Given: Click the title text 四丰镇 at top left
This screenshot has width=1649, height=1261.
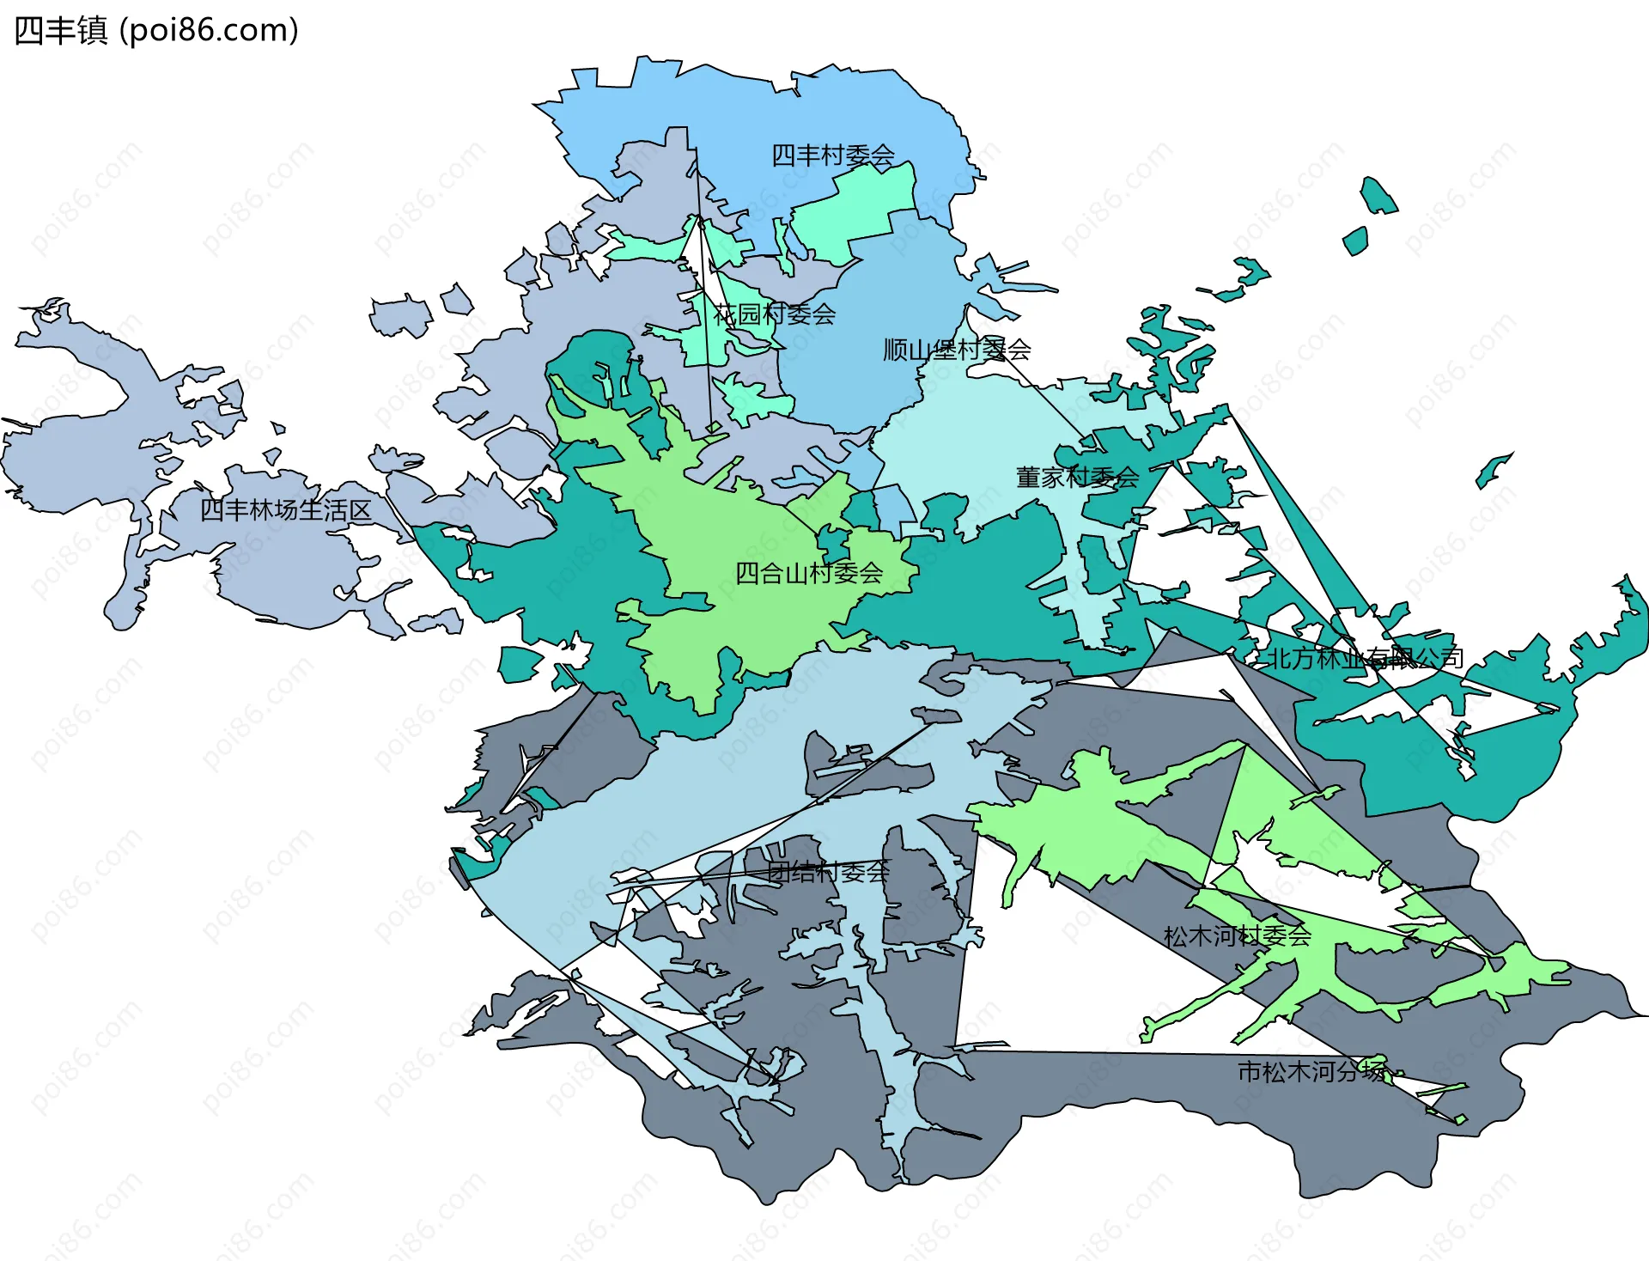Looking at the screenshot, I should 60,31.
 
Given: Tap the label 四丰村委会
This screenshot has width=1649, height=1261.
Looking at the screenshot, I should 832,155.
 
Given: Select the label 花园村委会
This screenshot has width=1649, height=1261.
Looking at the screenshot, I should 774,314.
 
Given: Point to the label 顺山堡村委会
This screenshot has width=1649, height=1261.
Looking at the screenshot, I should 957,350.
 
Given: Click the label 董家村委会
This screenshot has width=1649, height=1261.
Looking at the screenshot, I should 1077,478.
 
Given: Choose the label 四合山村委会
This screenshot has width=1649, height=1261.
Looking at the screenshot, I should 808,573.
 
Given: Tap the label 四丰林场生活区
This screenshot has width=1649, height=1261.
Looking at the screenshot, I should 285,510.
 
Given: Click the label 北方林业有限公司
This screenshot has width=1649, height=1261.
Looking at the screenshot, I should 1366,658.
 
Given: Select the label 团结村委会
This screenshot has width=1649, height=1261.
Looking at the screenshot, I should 828,873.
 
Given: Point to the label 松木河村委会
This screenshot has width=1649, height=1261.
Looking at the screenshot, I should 1237,935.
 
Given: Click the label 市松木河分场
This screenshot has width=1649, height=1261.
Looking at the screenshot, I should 1311,1071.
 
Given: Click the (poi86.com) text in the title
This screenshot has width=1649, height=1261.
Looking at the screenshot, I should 209,31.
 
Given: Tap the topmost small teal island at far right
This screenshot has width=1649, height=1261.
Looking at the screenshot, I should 1378,196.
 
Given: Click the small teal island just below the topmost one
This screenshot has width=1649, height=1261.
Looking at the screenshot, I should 1355,241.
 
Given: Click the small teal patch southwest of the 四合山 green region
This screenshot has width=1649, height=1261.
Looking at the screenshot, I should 519,664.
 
